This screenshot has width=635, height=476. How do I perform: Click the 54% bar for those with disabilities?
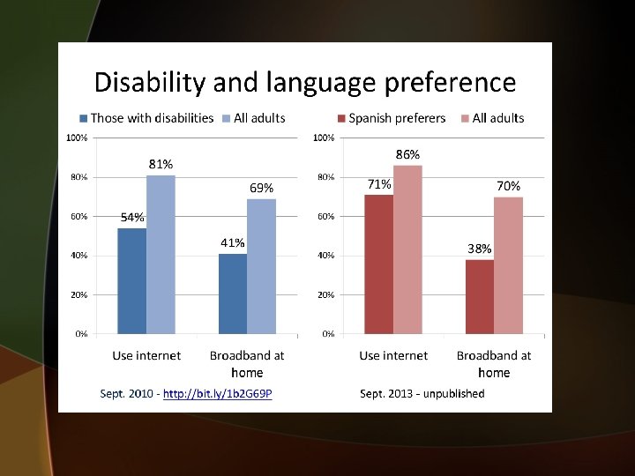131,280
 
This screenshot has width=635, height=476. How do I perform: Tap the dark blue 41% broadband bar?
233,294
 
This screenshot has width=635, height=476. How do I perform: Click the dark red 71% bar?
378,264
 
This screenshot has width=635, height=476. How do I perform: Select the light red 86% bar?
407,249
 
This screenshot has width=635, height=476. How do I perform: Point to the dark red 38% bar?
480,296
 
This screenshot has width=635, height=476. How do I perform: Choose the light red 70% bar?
508,265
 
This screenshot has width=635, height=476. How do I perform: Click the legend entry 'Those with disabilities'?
151,118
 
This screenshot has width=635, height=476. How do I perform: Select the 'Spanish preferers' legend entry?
397,118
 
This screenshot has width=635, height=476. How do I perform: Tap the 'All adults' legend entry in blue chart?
259,118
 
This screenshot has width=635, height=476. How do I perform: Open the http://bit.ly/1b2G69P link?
218,393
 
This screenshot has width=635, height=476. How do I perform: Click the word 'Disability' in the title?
149,83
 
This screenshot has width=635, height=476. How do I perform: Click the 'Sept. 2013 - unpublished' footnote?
422,393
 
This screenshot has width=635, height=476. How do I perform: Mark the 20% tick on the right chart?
325,295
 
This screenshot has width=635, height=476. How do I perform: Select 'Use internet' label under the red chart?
392,355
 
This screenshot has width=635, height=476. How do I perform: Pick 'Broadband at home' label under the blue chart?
247,363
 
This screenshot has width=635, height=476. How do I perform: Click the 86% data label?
407,153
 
